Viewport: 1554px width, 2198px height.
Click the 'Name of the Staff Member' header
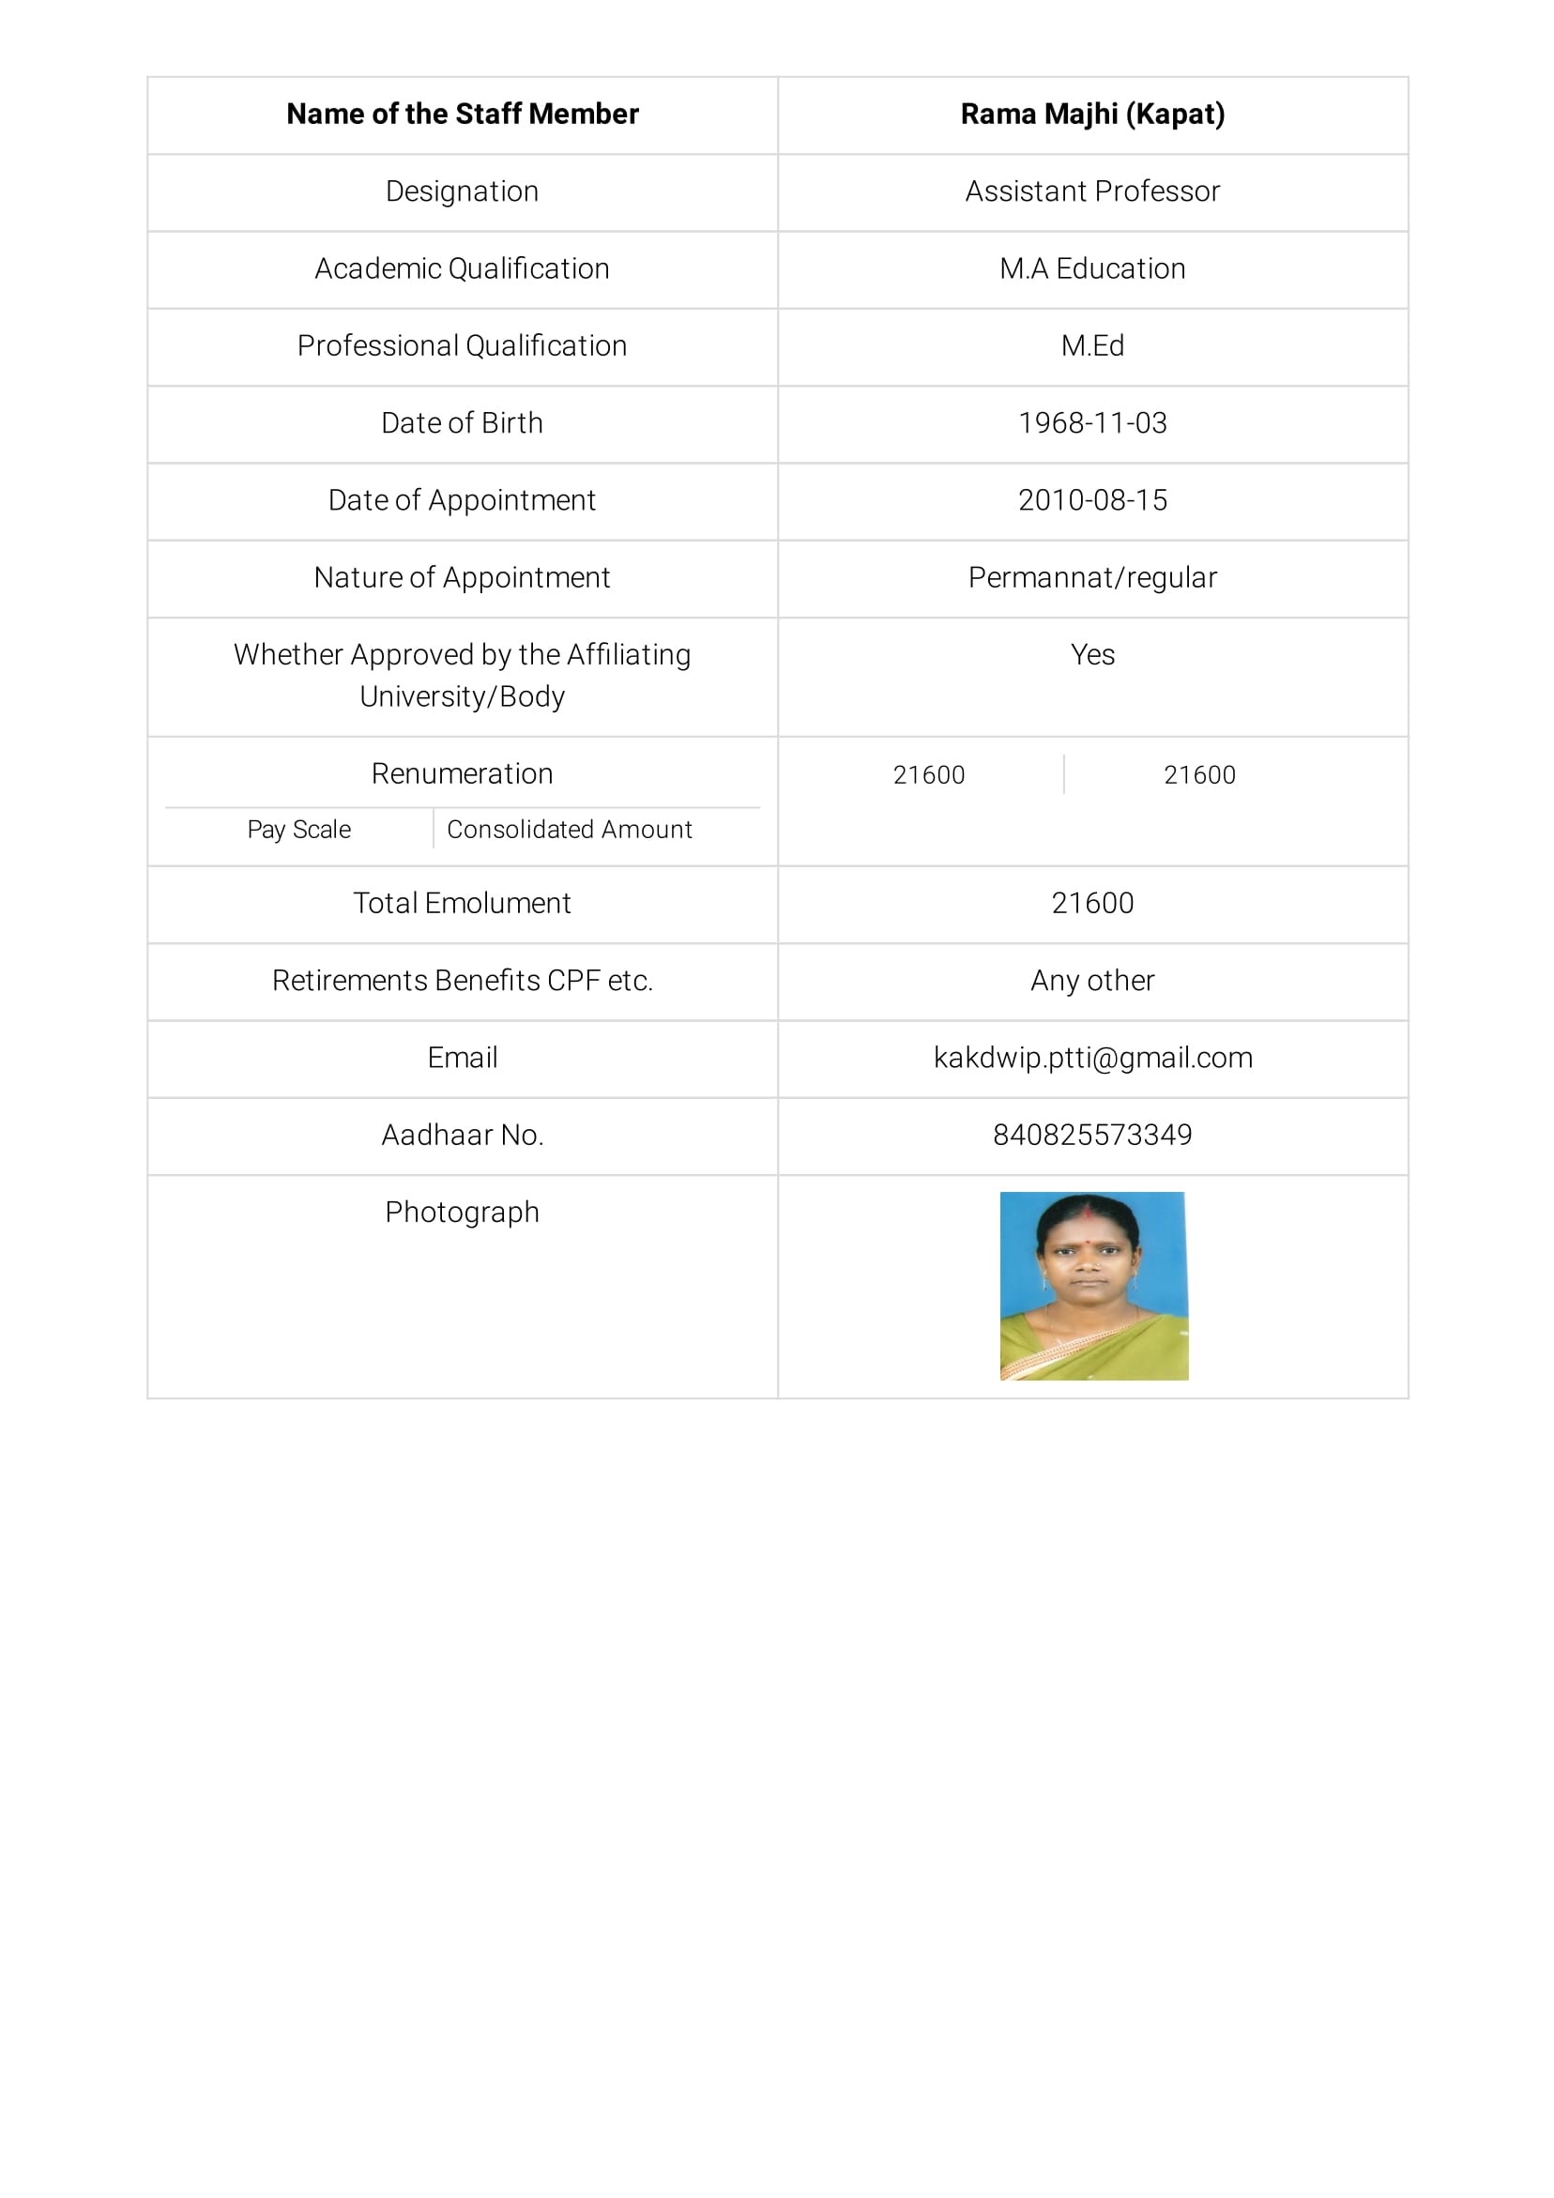click(x=462, y=114)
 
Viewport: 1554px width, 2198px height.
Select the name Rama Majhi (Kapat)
click(x=1091, y=114)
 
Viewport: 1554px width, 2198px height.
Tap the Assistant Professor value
click(x=1091, y=191)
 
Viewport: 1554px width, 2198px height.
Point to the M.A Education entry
click(x=1091, y=269)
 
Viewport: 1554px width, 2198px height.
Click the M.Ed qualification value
click(x=1091, y=345)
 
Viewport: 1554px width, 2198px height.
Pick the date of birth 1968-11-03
click(x=1091, y=423)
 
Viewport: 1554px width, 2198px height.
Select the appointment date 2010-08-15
click(x=1091, y=499)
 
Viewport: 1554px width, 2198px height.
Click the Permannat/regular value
click(x=1091, y=577)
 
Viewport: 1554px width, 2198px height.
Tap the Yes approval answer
click(x=1091, y=655)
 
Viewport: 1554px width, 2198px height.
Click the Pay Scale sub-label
click(x=298, y=829)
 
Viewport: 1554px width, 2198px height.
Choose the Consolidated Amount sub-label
click(x=569, y=829)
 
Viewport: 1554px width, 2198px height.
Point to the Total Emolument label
click(x=462, y=903)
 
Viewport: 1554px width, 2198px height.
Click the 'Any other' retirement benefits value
click(x=1091, y=981)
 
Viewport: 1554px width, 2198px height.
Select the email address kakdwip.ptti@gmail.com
click(x=1091, y=1058)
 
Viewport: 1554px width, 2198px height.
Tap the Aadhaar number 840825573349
click(x=1091, y=1135)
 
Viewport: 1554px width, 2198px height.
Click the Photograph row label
click(x=462, y=1212)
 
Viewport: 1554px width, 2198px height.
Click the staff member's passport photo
click(x=1093, y=1285)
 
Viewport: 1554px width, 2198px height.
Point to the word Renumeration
click(x=462, y=773)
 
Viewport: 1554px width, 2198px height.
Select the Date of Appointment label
click(x=462, y=499)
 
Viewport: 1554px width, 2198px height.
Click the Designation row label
click(x=462, y=191)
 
